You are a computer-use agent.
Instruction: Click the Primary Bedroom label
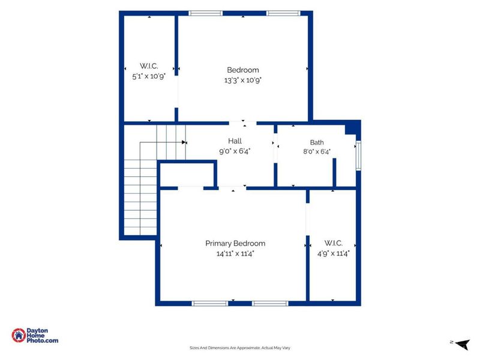(235, 244)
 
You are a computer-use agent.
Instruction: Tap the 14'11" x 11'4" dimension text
(235, 253)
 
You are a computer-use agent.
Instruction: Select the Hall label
(235, 141)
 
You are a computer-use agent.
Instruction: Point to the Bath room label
(317, 142)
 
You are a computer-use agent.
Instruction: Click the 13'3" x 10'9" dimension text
(243, 80)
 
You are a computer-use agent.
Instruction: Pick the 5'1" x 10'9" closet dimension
(149, 76)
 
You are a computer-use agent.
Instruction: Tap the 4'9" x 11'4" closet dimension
(334, 253)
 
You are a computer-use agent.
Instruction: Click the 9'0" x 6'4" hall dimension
(235, 151)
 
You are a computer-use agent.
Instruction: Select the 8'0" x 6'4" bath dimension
(317, 152)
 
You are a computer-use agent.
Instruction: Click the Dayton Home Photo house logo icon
(19, 335)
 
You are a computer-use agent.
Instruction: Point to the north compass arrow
(462, 344)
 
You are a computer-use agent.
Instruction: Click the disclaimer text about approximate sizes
(239, 348)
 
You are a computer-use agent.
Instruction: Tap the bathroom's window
(358, 155)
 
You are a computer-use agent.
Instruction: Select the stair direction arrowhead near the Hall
(184, 142)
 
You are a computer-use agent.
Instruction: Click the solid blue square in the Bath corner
(352, 128)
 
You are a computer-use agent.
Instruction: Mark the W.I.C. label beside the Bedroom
(149, 66)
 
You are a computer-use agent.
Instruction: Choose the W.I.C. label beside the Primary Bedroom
(334, 243)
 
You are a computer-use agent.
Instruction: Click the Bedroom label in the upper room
(243, 70)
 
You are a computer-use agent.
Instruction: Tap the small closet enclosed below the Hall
(187, 175)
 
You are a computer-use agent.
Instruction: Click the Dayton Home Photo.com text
(42, 335)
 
